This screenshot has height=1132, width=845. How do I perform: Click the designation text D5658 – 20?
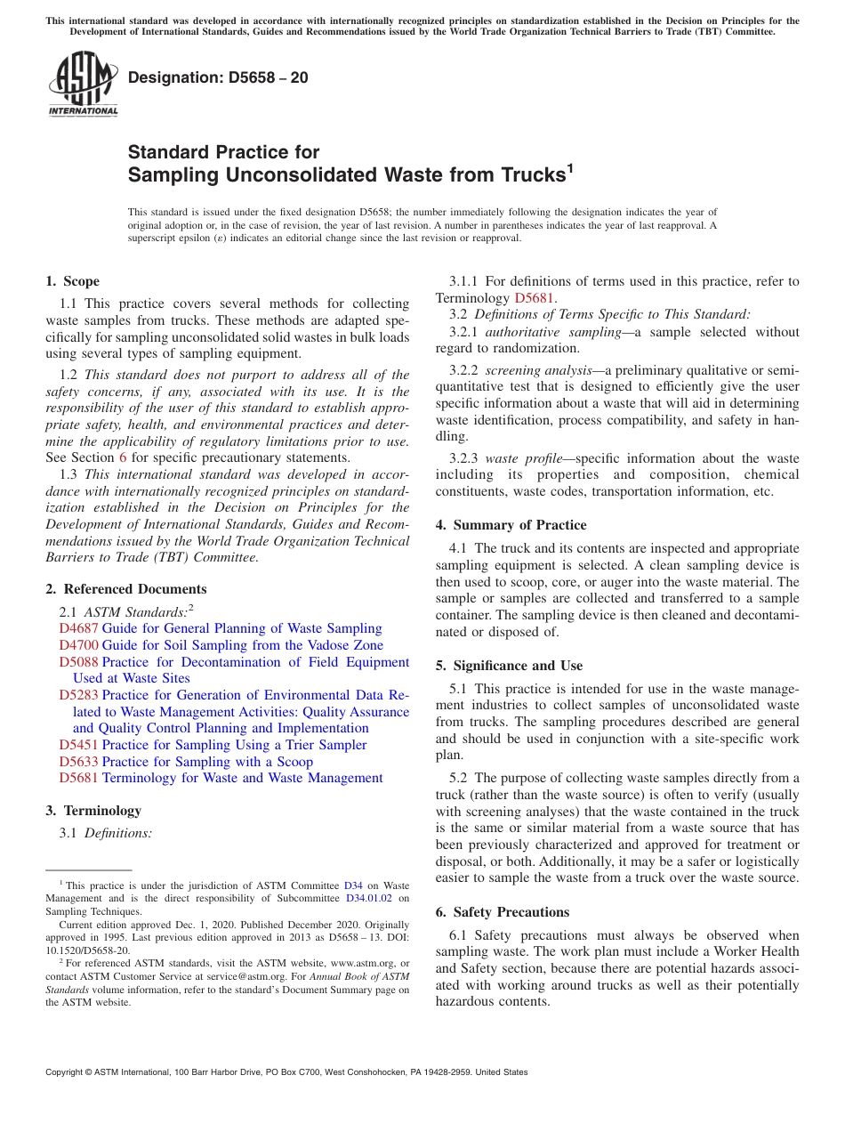218,77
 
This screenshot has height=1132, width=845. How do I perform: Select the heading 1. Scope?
72,281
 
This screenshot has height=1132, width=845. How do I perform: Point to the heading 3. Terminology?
93,811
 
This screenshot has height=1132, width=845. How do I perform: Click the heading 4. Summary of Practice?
511,525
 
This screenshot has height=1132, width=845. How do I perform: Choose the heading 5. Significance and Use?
509,666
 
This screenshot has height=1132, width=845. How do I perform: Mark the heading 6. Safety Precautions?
502,912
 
